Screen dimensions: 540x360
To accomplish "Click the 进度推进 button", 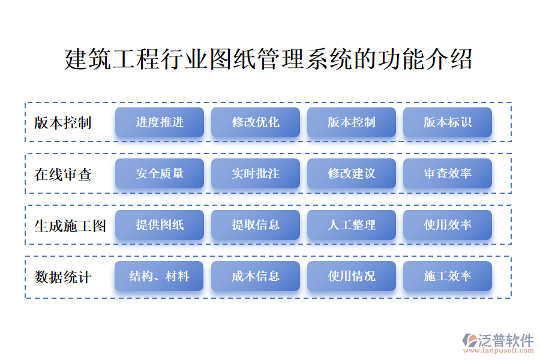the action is point(160,122).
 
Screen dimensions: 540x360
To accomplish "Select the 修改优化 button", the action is point(256,122).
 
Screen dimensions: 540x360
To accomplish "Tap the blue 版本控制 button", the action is point(351,122).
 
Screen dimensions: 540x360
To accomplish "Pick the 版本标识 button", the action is point(448,122).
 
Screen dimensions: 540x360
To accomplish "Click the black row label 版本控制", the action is point(62,122).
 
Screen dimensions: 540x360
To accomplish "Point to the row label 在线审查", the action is point(62,175).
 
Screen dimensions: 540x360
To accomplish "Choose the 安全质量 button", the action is point(160,173).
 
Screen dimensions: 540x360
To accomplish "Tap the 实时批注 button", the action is point(256,173).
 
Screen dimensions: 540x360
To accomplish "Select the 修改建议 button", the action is point(351,173).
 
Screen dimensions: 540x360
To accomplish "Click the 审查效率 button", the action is point(448,173).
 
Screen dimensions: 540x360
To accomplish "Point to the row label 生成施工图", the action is point(70,226).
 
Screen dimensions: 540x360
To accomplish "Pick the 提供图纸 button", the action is point(160,225).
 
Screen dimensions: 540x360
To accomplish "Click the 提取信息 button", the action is point(256,225).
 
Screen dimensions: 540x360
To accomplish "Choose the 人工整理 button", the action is point(351,225).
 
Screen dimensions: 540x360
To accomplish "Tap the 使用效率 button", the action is point(448,225).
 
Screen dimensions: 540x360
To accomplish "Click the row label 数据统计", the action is point(62,277).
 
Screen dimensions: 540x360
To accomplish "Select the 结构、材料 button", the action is point(159,276).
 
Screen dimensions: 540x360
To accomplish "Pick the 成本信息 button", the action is point(256,276).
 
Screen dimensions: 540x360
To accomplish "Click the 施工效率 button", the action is point(448,276).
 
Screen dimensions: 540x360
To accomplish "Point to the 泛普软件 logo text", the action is point(506,340).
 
